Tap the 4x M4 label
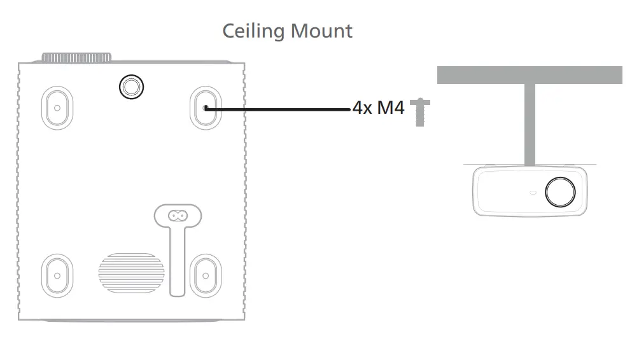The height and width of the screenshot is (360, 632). pyautogui.click(x=378, y=107)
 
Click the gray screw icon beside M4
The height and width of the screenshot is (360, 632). pyautogui.click(x=419, y=111)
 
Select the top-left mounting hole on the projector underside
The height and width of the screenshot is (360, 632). pyautogui.click(x=57, y=107)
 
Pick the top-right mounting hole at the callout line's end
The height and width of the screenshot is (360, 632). pyautogui.click(x=205, y=107)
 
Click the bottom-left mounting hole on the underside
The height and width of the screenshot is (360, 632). pyautogui.click(x=57, y=275)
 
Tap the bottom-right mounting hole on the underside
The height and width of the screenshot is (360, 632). pyautogui.click(x=205, y=275)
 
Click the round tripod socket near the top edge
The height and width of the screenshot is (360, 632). pyautogui.click(x=131, y=86)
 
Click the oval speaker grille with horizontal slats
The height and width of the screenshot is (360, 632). pyautogui.click(x=131, y=273)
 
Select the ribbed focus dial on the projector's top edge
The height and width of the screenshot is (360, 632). pyautogui.click(x=76, y=58)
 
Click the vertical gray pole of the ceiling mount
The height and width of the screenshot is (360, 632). pyautogui.click(x=530, y=124)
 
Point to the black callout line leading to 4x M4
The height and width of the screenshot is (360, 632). pyautogui.click(x=280, y=109)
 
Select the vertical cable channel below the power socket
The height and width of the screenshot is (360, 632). pyautogui.click(x=178, y=261)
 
